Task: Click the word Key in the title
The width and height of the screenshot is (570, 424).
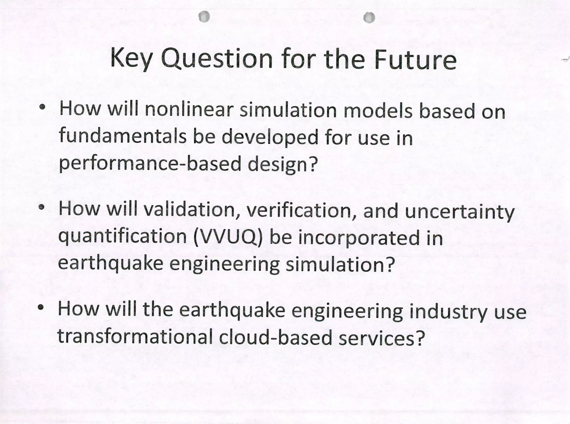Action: (x=131, y=59)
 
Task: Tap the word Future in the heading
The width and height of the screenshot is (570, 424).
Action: (x=415, y=59)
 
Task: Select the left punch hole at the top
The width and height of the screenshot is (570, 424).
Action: (x=204, y=17)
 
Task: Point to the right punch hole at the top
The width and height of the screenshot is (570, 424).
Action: (x=369, y=18)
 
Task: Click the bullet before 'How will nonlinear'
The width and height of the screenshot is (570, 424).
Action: (x=42, y=107)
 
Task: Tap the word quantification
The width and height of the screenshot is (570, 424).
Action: (x=122, y=237)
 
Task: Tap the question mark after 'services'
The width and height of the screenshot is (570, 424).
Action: (x=420, y=337)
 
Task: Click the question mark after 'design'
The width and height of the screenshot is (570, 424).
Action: (x=313, y=164)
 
